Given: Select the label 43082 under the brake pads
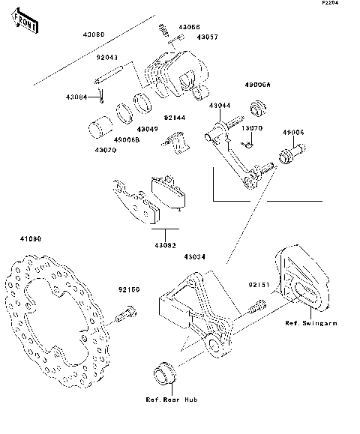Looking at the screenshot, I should click(166, 245).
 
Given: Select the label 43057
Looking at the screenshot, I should click(208, 36).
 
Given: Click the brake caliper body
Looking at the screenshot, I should click(174, 76).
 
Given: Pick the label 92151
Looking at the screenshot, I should click(259, 286).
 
